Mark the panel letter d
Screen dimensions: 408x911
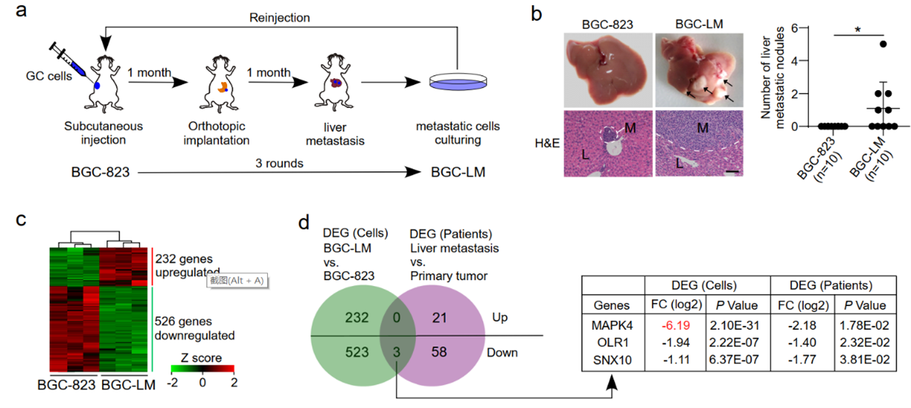coord(304,222)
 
